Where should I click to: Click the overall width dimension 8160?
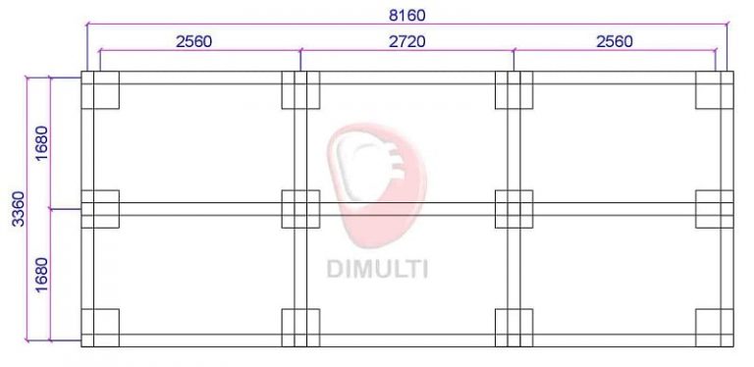coord(406,16)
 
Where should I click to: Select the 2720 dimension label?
coord(406,42)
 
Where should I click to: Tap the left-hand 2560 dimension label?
coord(193,42)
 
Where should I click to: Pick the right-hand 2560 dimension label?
coord(615,42)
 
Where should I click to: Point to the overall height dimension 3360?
coord(19,208)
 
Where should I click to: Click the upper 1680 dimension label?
coord(42,142)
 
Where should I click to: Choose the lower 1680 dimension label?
coord(42,275)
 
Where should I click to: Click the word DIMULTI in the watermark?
coord(377,269)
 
